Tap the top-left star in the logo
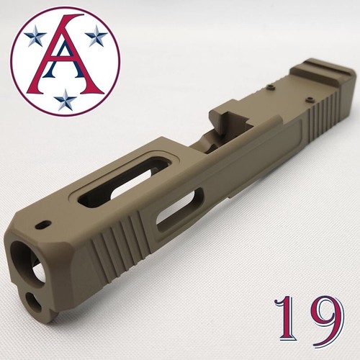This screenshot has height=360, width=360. click(x=32, y=37)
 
